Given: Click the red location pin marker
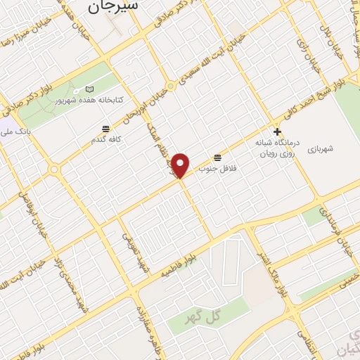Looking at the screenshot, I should pos(181,165).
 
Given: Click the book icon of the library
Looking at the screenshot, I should pos(89,89).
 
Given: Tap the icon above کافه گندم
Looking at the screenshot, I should pos(105,129).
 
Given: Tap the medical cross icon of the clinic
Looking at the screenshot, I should pos(278,131).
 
